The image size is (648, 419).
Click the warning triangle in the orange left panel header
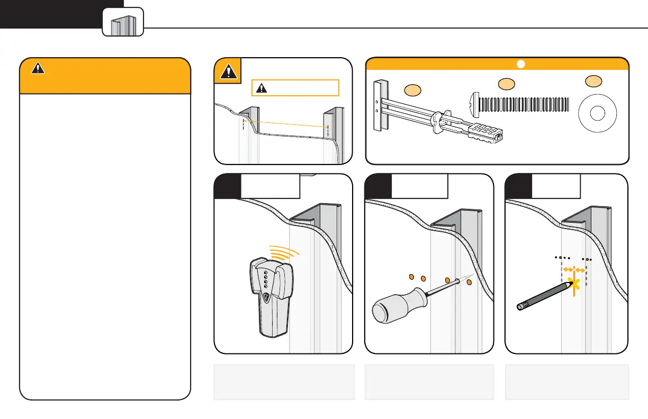tap(37, 68)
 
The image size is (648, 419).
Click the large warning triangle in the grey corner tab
tap(227, 71)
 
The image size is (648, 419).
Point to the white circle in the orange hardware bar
tap(520, 64)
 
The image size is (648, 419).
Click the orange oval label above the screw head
tap(506, 84)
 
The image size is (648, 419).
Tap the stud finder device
tap(271, 294)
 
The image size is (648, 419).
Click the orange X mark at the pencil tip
tap(574, 286)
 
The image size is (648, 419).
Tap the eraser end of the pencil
tap(520, 306)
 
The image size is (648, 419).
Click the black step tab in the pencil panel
tap(518, 186)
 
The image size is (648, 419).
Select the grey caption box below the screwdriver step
tap(429, 381)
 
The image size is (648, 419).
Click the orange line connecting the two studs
tap(286, 124)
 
